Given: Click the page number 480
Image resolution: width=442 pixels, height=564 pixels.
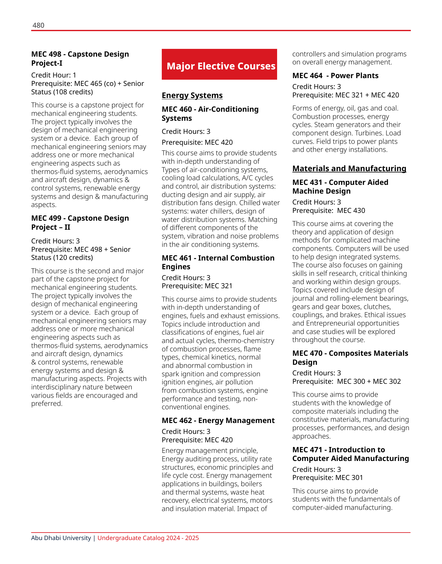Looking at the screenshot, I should tap(38, 25).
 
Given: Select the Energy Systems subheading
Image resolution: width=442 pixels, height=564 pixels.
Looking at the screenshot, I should tap(192, 95).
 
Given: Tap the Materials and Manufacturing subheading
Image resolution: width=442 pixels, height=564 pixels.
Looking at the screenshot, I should tap(349, 168).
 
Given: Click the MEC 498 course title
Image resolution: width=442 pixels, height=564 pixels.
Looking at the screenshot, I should tap(80, 59).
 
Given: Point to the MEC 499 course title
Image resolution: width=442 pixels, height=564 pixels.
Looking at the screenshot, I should tap(80, 223).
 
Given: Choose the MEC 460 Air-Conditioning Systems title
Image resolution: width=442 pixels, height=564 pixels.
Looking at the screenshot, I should tap(210, 114).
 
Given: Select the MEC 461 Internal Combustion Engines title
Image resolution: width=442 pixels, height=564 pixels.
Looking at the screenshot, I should tap(218, 262).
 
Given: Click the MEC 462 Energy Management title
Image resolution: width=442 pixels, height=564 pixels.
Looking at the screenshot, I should tap(218, 421).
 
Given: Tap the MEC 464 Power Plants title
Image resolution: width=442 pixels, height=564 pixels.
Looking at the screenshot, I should tap(335, 76).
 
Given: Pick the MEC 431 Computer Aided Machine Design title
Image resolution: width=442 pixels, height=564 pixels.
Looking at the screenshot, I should tap(340, 186).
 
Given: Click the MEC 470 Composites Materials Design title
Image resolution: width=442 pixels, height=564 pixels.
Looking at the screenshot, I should tap(350, 358).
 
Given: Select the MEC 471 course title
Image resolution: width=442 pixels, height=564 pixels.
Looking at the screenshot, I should tap(350, 454).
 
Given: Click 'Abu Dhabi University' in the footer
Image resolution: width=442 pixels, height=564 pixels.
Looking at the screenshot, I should tap(61, 538).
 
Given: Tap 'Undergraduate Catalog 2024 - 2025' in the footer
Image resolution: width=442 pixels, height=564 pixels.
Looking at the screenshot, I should tap(148, 538).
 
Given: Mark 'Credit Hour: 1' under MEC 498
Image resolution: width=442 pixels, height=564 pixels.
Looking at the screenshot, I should tap(54, 75).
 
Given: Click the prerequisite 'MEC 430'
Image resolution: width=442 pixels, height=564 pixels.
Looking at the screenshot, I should tap(351, 210).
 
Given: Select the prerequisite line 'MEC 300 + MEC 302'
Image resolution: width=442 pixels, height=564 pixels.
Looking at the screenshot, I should tap(369, 381).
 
